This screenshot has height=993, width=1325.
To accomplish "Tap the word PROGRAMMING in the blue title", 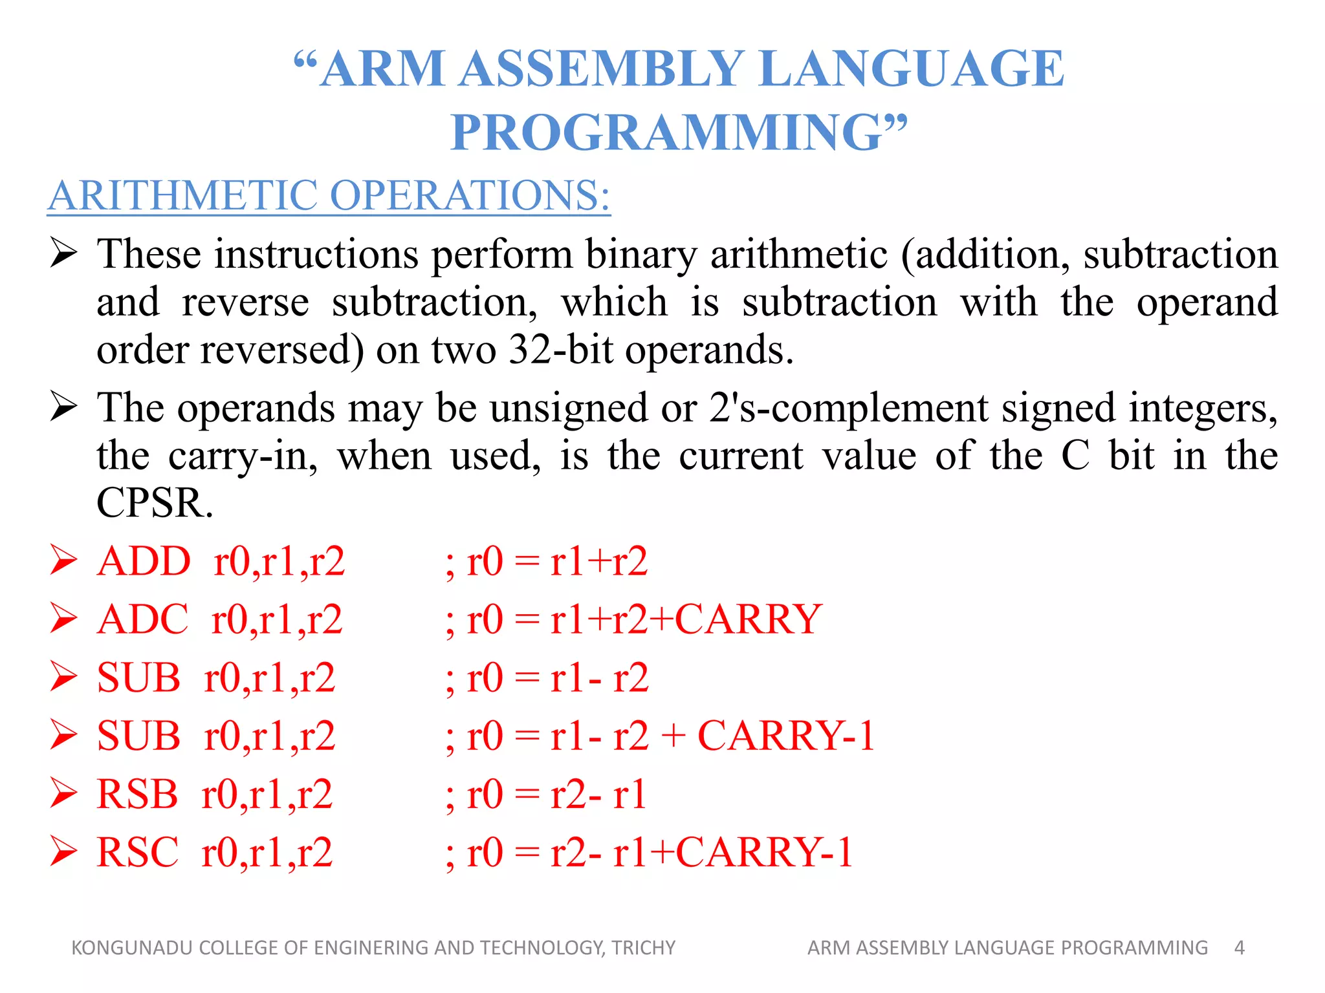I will coord(666,133).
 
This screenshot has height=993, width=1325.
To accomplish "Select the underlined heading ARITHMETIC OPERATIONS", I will coord(329,195).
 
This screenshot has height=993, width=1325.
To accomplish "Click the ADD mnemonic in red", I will coord(144,561).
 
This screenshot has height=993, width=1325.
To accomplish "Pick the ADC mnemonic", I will coord(142,619).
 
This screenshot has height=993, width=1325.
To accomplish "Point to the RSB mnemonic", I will coord(137,794).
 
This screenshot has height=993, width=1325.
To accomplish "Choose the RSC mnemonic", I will coord(137,852).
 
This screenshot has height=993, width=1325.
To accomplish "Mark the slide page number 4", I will coord(1239,948).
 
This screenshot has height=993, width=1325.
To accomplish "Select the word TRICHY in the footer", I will coord(643,948).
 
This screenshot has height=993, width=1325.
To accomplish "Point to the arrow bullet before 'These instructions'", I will coord(64,253).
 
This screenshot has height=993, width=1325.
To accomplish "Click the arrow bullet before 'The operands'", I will coord(64,407).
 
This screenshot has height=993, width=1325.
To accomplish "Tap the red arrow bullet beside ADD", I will coord(64,561).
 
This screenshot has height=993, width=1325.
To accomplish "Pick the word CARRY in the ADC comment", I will coord(748,619).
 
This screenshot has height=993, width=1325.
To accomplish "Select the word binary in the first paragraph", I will coord(641,254).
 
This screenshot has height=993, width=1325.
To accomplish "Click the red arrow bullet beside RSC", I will coord(64,851).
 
